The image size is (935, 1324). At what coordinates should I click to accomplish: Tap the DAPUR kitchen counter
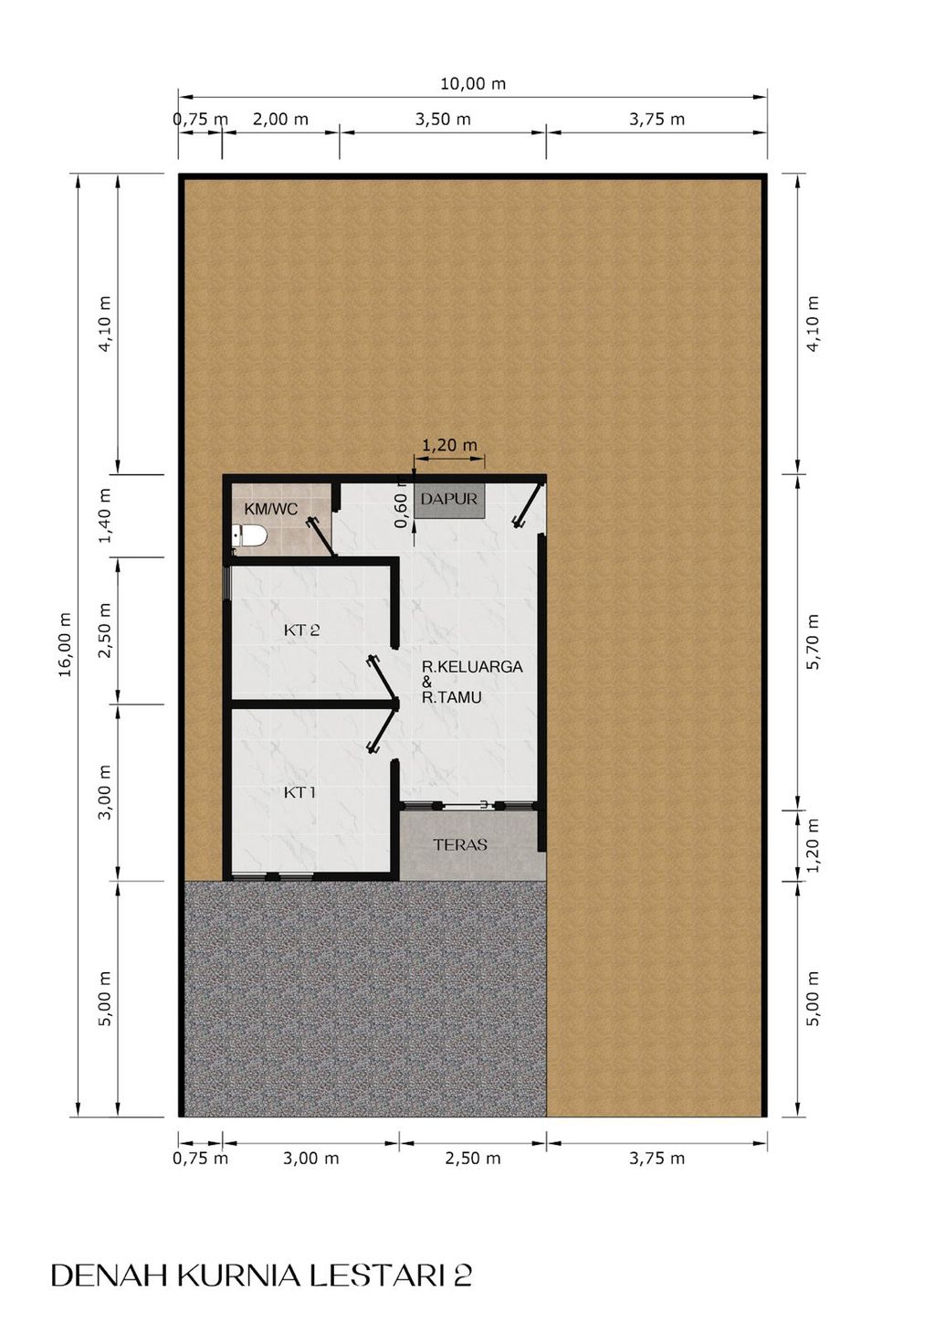pyautogui.click(x=449, y=500)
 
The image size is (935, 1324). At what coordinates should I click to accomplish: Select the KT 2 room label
pyautogui.click(x=301, y=630)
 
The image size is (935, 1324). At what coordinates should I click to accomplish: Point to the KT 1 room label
pyautogui.click(x=299, y=792)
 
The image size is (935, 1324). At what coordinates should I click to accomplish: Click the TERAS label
pyautogui.click(x=460, y=844)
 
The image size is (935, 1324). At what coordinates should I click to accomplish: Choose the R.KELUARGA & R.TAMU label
pyautogui.click(x=472, y=682)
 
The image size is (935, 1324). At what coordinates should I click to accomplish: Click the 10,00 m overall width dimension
pyautogui.click(x=473, y=84)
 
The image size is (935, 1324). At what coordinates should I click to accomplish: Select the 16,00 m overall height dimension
pyautogui.click(x=65, y=644)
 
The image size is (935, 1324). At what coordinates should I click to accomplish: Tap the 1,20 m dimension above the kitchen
pyautogui.click(x=449, y=444)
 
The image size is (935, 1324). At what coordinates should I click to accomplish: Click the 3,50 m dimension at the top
pyautogui.click(x=443, y=120)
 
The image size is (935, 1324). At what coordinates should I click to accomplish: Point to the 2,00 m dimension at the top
pyautogui.click(x=280, y=120)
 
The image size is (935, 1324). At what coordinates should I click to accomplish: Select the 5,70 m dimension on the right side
pyautogui.click(x=814, y=642)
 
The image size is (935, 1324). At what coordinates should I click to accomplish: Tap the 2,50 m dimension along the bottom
pyautogui.click(x=472, y=1158)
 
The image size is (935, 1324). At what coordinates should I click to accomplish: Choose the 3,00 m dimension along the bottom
pyautogui.click(x=310, y=1158)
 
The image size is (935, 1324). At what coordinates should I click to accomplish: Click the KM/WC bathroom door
pyautogui.click(x=322, y=536)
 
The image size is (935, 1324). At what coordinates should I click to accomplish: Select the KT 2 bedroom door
pyautogui.click(x=383, y=679)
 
